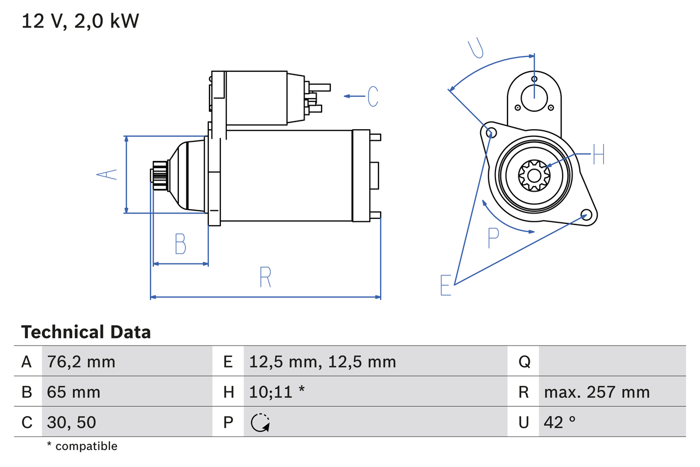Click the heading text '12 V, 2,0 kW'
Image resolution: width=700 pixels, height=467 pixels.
tap(80, 21)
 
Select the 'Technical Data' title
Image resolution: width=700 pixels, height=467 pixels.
tap(86, 332)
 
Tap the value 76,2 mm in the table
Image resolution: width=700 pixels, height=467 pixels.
tap(81, 361)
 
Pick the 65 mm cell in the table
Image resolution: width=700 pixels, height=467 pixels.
tap(74, 392)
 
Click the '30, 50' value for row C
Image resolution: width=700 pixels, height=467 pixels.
tap(72, 422)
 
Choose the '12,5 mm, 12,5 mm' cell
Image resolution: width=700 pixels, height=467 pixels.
tap(322, 361)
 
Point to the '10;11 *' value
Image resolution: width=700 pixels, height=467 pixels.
tap(277, 392)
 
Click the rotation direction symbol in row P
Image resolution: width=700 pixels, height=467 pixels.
tap(260, 423)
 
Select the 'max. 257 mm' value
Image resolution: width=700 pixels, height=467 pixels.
tap(597, 392)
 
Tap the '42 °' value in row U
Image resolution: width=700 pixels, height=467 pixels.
tap(560, 422)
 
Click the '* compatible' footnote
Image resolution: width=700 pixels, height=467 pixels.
tap(82, 446)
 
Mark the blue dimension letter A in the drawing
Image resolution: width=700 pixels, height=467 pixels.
tap(107, 175)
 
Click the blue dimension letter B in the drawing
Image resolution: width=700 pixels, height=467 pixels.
tap(180, 244)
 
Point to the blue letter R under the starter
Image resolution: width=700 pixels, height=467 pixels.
tap(265, 278)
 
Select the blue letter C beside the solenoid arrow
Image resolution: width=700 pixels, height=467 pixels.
tap(373, 96)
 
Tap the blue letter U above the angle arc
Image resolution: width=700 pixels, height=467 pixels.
tap(476, 48)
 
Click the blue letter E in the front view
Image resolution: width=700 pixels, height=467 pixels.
tap(446, 285)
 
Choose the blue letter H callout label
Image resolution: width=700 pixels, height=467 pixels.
tap(598, 154)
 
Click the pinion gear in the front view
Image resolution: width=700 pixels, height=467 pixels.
tap(534, 175)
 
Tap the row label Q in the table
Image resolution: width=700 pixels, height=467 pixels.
tap(524, 361)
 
